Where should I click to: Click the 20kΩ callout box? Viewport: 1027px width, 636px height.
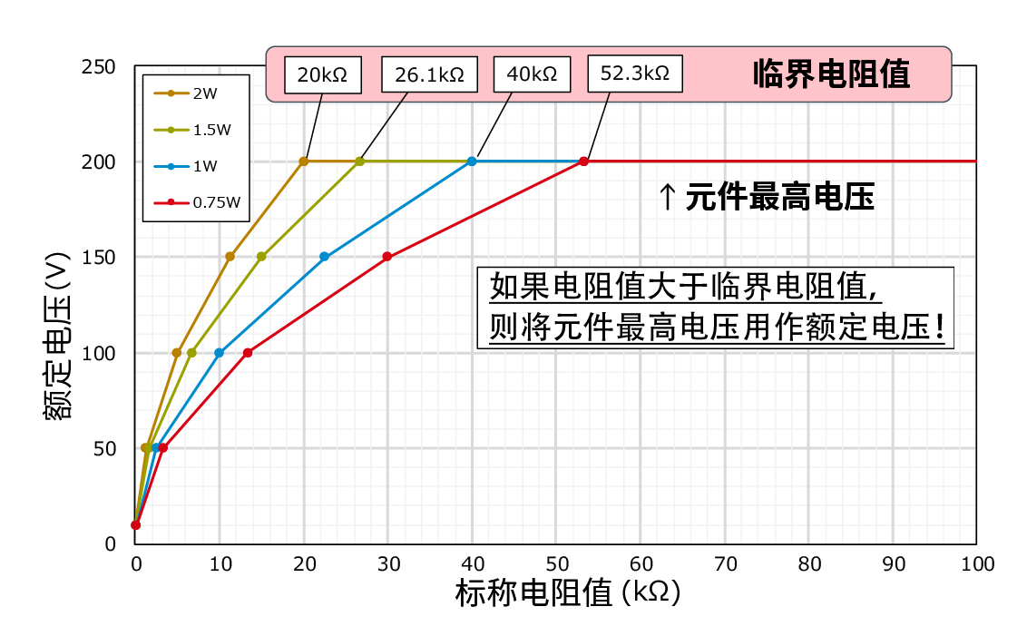[x=322, y=74]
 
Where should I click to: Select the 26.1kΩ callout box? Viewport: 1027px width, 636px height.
[x=429, y=74]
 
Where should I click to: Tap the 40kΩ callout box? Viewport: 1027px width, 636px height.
[x=532, y=74]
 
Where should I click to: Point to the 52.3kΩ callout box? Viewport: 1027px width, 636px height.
[x=634, y=74]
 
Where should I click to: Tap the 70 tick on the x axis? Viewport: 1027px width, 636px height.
[x=725, y=564]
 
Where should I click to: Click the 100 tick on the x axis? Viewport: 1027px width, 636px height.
[x=977, y=564]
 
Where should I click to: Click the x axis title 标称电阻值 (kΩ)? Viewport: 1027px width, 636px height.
[x=567, y=594]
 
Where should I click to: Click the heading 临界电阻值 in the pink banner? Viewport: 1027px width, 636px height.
[x=831, y=74]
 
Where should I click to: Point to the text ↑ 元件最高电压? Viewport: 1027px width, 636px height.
[x=766, y=197]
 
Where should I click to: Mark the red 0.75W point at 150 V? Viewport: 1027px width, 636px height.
[x=387, y=257]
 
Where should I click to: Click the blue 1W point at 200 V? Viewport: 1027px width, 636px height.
[x=472, y=161]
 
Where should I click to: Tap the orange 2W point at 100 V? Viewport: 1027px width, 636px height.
[x=177, y=353]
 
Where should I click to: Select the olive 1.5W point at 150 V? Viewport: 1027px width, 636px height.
[x=261, y=257]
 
